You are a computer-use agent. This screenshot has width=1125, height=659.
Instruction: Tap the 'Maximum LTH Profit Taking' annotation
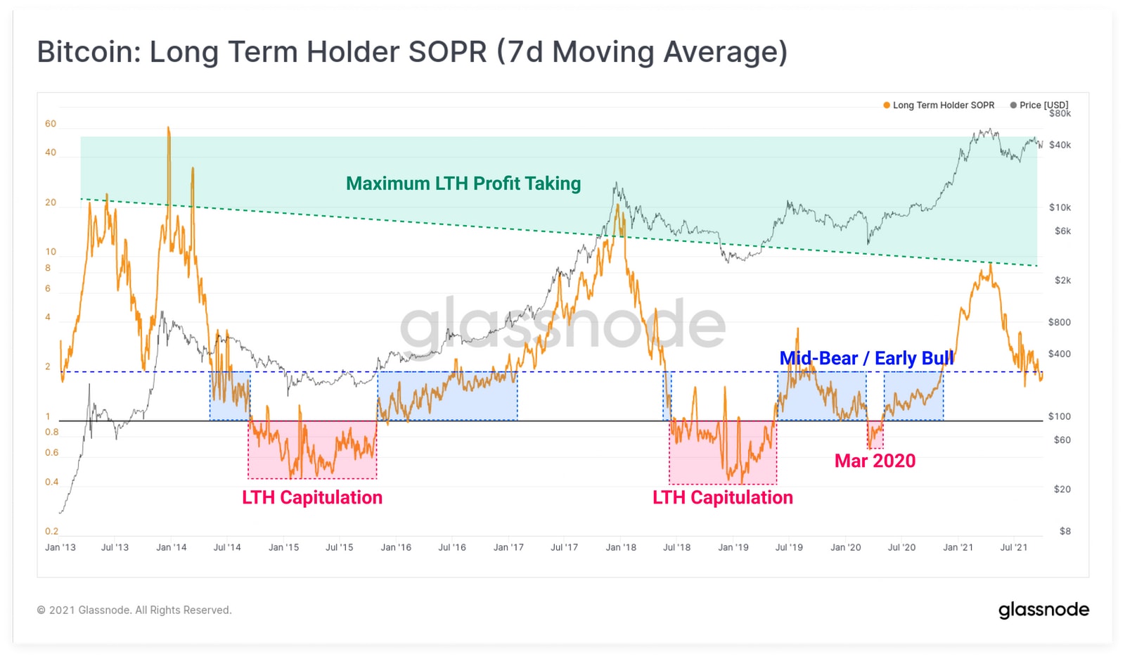[x=463, y=184]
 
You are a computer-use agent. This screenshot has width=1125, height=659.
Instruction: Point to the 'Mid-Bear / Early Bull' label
[x=866, y=358]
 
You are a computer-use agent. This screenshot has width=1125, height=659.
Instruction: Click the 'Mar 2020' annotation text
[x=875, y=461]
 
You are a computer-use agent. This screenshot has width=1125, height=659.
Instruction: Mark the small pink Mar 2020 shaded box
[x=875, y=435]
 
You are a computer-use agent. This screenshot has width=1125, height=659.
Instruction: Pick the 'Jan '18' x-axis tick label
[x=621, y=547]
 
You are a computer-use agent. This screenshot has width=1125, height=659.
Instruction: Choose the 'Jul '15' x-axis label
[x=339, y=547]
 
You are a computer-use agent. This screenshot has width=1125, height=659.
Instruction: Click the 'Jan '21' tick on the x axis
[x=958, y=547]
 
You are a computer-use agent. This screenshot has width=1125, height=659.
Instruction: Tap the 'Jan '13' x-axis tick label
[x=60, y=547]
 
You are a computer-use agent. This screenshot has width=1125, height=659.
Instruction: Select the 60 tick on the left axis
[x=51, y=124]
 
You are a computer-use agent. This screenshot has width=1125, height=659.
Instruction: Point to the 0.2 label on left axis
[x=51, y=532]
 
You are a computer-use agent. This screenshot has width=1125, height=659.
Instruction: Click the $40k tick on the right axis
[x=1060, y=145]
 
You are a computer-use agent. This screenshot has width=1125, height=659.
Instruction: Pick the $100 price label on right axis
[x=1059, y=416]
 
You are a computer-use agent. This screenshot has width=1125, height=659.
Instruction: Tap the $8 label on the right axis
[x=1065, y=532]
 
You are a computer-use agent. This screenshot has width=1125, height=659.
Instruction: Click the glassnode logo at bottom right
[x=1043, y=610]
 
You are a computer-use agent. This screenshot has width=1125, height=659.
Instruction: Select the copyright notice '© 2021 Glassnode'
[x=134, y=610]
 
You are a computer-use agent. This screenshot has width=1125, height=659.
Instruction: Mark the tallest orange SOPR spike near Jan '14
[x=169, y=129]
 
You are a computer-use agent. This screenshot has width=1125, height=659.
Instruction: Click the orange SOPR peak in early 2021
[x=990, y=264]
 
